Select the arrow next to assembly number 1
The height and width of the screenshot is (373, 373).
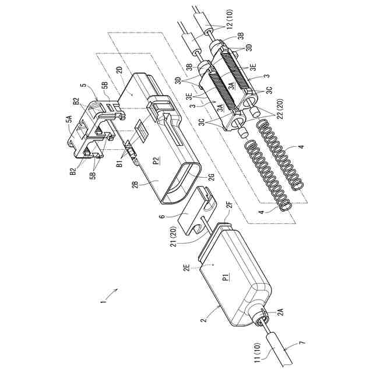tap(115, 291)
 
